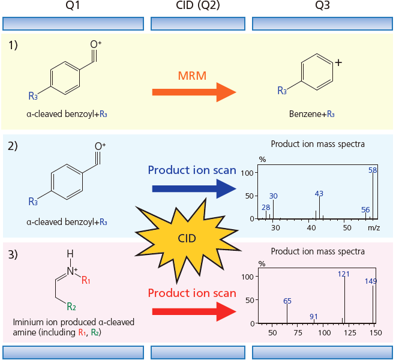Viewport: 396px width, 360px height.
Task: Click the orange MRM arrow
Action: [194, 92]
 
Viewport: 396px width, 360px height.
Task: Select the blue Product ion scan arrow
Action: [194, 189]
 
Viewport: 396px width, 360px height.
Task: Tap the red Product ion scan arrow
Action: [194, 312]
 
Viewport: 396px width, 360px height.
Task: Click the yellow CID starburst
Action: [187, 239]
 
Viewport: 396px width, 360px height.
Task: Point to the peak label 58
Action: [373, 170]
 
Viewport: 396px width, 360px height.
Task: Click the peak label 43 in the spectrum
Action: [319, 194]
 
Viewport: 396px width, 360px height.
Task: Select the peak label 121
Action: [344, 274]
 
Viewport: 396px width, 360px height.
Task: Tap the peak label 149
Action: [371, 281]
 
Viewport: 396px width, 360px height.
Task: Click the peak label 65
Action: [287, 301]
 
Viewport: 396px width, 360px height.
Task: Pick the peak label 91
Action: [314, 317]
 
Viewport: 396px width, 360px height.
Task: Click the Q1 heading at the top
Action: [73, 5]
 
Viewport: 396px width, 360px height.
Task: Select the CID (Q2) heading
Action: [198, 5]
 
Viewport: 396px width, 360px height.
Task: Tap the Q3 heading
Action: [323, 5]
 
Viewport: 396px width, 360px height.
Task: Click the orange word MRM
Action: [192, 76]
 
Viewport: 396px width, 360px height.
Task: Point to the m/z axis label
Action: [374, 227]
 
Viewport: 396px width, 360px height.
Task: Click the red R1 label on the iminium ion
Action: [86, 280]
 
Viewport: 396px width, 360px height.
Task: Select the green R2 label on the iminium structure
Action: [71, 307]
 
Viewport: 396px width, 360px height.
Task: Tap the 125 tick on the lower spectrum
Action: [350, 332]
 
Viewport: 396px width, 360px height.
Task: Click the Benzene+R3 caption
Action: [311, 114]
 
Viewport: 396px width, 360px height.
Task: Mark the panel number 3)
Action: [13, 254]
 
